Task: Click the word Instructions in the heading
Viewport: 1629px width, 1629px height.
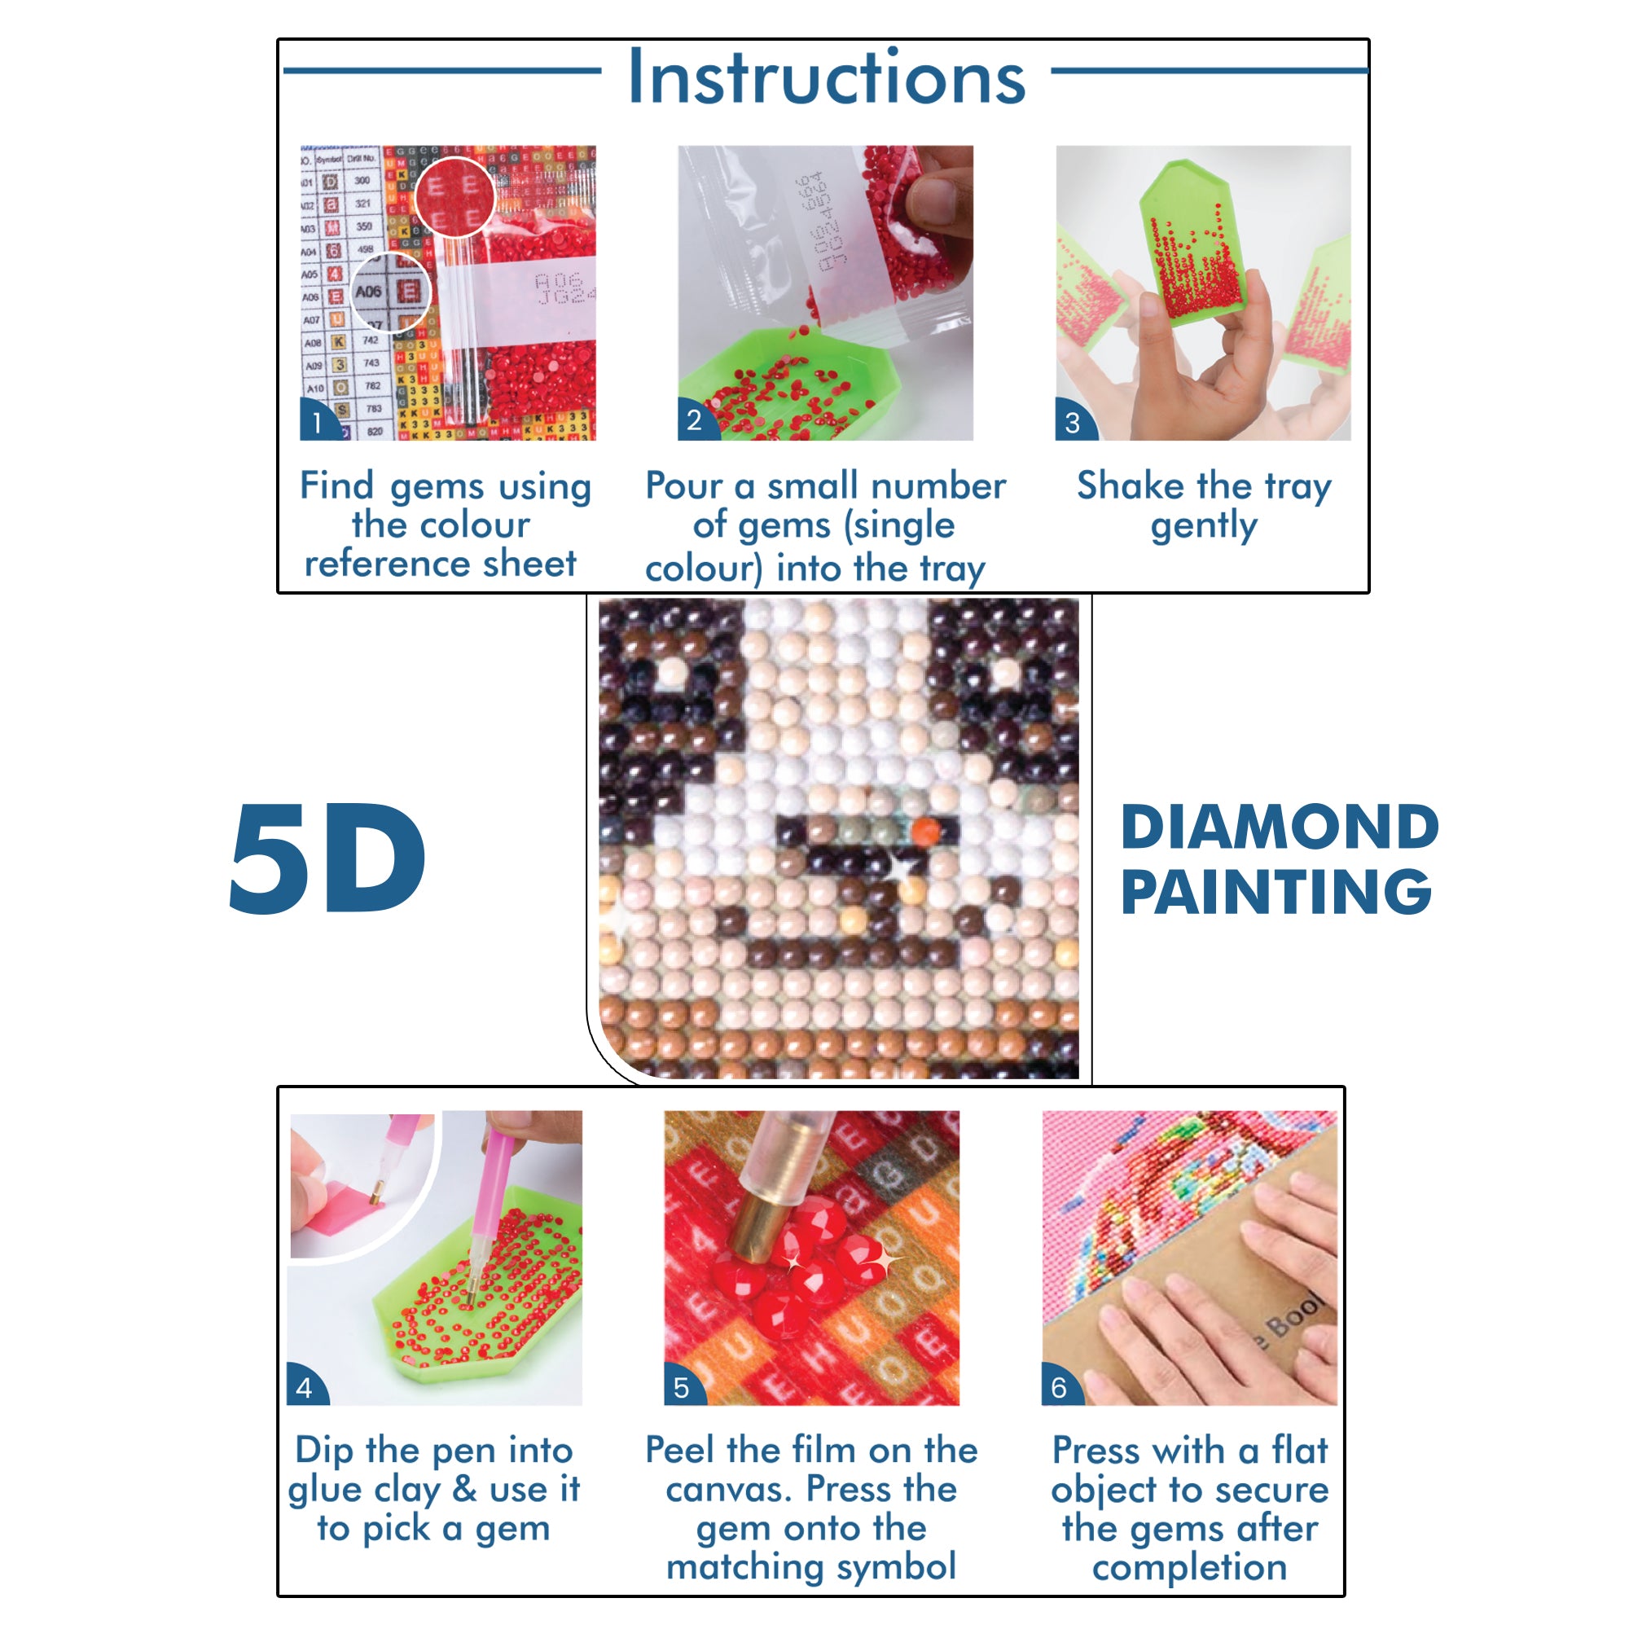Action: [x=825, y=77]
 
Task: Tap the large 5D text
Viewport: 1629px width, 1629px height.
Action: [x=327, y=859]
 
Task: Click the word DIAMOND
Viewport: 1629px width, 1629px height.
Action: [x=1278, y=828]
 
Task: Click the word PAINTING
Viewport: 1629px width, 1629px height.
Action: [x=1275, y=893]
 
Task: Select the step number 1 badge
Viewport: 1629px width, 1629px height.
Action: [x=316, y=423]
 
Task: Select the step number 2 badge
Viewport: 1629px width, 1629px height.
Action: [x=693, y=421]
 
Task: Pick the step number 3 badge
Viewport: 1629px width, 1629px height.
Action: [x=1072, y=423]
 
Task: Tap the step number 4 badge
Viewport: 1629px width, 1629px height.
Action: [x=304, y=1388]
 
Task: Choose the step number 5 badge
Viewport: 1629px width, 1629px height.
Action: [x=681, y=1388]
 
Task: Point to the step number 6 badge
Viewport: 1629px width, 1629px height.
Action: [x=1059, y=1388]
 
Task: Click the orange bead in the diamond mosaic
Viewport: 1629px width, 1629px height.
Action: [x=925, y=831]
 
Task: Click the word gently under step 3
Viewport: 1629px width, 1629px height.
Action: [x=1203, y=526]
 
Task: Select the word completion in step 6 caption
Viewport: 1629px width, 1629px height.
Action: [x=1189, y=1567]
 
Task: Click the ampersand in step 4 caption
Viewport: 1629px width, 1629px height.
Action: [x=463, y=1489]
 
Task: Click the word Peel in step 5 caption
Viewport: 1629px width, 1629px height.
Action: [x=681, y=1451]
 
